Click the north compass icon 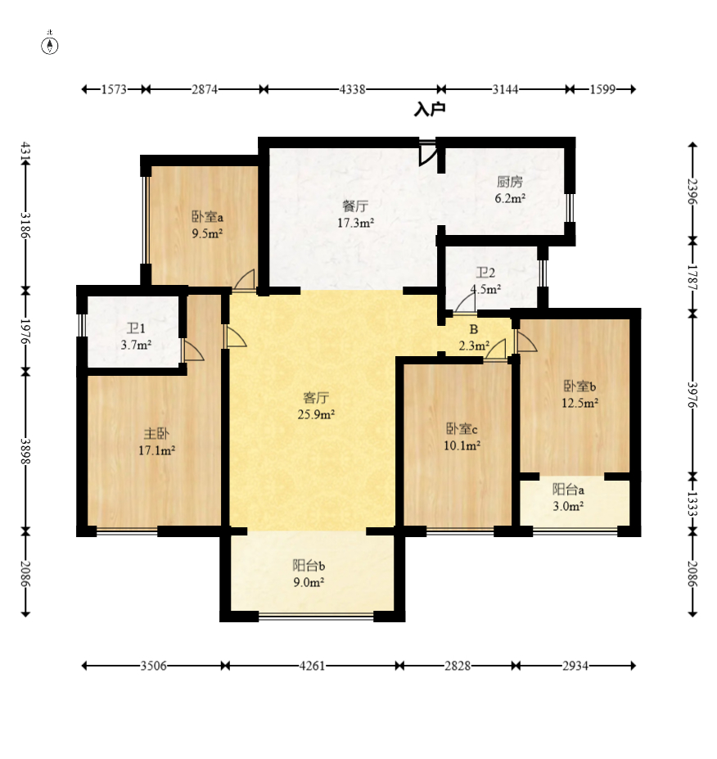tap(50, 44)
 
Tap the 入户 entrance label tap(430, 109)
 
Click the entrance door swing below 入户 tap(428, 153)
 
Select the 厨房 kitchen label tap(510, 182)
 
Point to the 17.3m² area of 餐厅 tap(355, 223)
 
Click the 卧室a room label tap(208, 216)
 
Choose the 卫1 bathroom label tap(136, 328)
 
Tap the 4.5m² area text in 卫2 tap(485, 289)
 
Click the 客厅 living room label tap(316, 398)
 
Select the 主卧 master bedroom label tap(157, 434)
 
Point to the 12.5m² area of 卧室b tap(579, 403)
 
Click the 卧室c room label tap(462, 429)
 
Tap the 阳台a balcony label tap(569, 490)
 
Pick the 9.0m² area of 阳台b tap(309, 582)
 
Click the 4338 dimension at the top tap(352, 89)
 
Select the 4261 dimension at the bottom tap(312, 666)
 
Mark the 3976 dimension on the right tap(692, 395)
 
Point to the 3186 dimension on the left tap(25, 226)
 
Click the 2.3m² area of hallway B tap(474, 346)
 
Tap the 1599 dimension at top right tap(602, 89)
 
